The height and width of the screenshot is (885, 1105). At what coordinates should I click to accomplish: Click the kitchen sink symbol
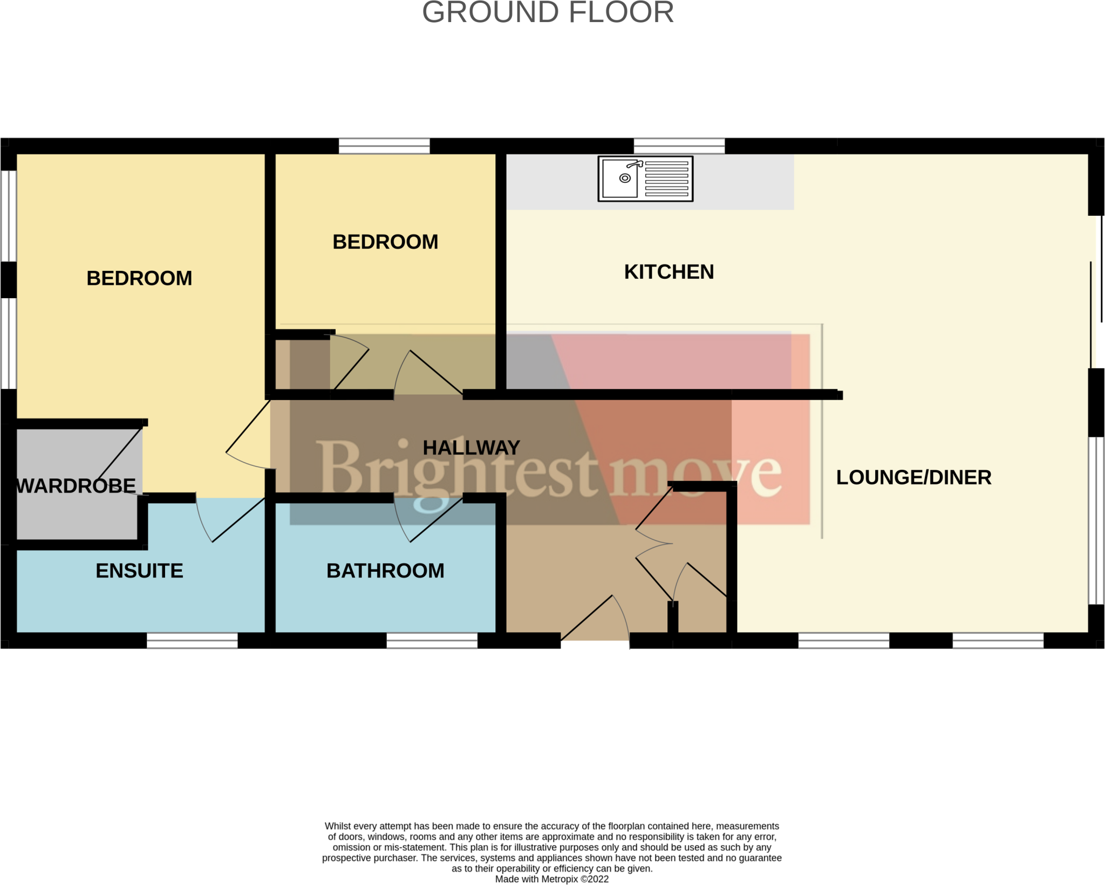tap(645, 179)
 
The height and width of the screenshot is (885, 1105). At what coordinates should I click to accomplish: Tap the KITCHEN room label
tap(669, 272)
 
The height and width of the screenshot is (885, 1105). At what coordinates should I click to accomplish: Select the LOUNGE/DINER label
tap(913, 477)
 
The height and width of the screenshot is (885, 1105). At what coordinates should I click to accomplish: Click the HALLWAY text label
tap(471, 448)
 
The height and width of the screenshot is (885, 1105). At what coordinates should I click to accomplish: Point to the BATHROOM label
tap(385, 571)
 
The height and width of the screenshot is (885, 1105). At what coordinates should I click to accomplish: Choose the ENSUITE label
tap(139, 571)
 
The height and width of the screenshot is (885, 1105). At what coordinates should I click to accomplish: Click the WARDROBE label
tap(76, 486)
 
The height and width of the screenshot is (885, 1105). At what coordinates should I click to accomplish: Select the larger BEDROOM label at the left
tap(139, 278)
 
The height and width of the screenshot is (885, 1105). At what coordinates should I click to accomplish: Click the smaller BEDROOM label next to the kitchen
tap(385, 242)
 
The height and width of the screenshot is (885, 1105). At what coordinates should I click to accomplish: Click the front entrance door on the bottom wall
tap(595, 620)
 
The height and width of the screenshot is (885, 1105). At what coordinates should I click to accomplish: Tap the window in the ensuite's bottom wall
tap(192, 640)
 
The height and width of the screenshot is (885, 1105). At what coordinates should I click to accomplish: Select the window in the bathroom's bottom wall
tap(432, 640)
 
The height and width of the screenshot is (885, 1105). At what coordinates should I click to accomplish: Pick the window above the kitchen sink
tap(679, 146)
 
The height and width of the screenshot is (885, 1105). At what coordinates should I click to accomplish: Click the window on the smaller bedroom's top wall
tap(384, 146)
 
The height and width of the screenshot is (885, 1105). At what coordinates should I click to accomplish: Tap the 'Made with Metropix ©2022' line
tap(551, 879)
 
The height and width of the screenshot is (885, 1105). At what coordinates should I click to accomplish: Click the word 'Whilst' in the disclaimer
tap(337, 826)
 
